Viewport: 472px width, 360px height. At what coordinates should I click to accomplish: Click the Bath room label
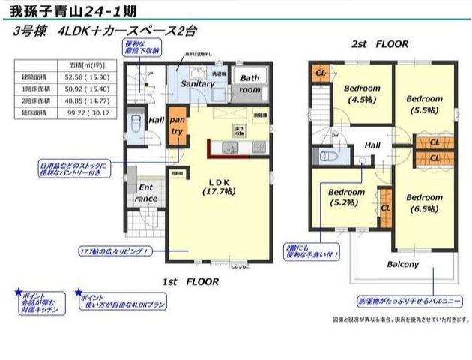point(249,83)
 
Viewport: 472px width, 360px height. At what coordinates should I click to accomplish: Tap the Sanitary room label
point(198,84)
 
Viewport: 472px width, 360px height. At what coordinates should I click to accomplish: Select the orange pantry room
point(178,125)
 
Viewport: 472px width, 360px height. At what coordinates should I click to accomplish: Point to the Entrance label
point(145,193)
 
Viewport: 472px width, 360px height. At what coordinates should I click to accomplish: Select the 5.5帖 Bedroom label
point(425,103)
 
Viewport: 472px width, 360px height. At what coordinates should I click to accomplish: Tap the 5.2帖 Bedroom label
point(345,197)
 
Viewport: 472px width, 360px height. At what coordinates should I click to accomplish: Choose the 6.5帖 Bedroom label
point(424,203)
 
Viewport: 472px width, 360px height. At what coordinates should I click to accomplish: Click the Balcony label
point(402,264)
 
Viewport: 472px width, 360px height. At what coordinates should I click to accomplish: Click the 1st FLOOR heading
point(190,282)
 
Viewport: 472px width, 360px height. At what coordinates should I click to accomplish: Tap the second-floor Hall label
point(372,145)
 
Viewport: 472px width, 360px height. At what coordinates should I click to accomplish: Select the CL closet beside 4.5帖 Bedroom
point(320,73)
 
